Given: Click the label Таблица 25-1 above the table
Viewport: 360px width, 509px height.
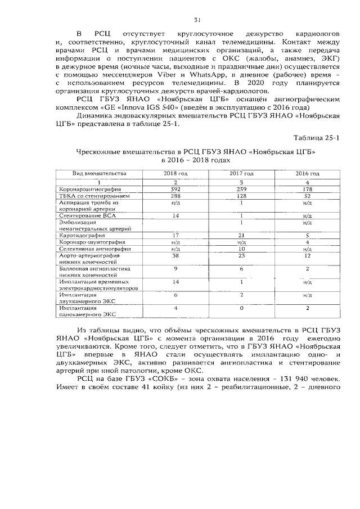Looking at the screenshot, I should pyautogui.click(x=317, y=137).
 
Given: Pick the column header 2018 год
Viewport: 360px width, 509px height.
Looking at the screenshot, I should pyautogui.click(x=175, y=173).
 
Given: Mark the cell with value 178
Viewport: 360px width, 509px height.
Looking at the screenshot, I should pyautogui.click(x=307, y=190).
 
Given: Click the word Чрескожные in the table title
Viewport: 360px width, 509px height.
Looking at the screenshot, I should pyautogui.click(x=98, y=152).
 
